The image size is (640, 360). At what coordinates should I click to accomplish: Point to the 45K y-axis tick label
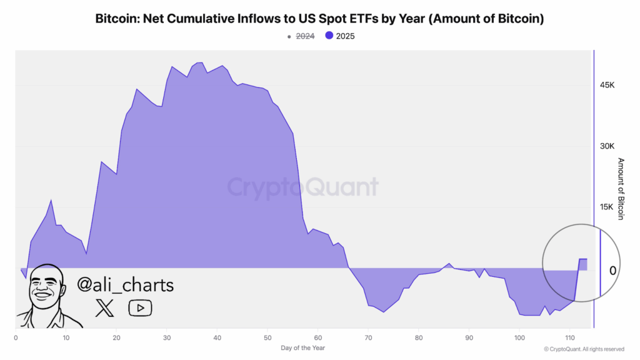click(607, 86)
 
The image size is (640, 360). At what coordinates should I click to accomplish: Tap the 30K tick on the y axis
click(607, 146)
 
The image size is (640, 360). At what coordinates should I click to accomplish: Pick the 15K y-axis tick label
click(607, 207)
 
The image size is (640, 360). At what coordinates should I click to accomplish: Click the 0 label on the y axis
click(613, 270)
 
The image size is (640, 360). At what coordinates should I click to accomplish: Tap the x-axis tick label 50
click(267, 338)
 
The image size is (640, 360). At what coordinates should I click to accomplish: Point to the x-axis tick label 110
click(569, 338)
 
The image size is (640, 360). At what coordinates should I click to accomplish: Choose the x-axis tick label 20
click(116, 338)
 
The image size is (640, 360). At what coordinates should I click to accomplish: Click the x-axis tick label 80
click(419, 338)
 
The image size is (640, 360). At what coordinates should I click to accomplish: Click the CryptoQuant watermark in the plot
click(302, 187)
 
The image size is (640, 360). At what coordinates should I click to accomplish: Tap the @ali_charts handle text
click(126, 285)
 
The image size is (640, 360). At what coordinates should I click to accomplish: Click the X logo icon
click(104, 307)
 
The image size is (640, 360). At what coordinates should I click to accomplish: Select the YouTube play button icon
click(140, 307)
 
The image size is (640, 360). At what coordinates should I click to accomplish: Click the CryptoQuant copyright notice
click(584, 348)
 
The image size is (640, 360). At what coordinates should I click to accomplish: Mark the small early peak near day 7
click(51, 201)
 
